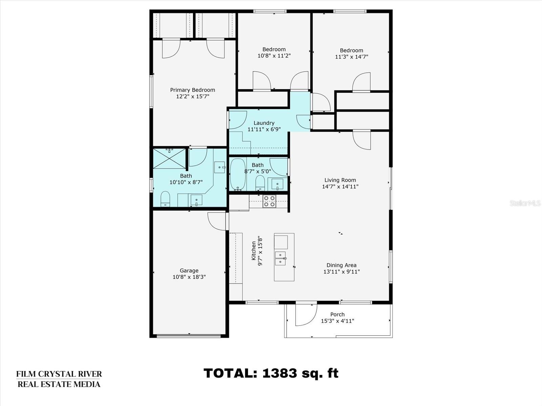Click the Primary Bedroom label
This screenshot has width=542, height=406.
(x=192, y=90)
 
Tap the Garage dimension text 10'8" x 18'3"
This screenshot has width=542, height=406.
(x=189, y=277)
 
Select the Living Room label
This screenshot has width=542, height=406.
(x=340, y=180)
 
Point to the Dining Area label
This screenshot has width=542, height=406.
(x=341, y=265)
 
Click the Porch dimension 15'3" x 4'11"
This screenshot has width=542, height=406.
(x=337, y=321)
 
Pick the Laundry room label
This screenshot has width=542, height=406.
(x=264, y=123)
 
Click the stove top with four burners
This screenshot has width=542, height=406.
(x=269, y=201)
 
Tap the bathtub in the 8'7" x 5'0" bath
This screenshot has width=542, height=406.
(x=238, y=175)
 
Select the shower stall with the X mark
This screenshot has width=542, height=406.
(x=169, y=159)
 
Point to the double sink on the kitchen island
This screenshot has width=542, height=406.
(x=280, y=258)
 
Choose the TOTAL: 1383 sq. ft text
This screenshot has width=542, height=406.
(x=271, y=373)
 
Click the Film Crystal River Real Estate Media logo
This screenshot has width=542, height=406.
(x=59, y=379)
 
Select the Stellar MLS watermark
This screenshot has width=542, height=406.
(x=525, y=203)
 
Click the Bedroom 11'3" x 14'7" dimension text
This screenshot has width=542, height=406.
(x=351, y=57)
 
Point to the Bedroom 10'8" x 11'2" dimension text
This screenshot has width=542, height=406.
(x=274, y=56)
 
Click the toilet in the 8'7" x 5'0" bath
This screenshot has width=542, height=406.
(x=260, y=183)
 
